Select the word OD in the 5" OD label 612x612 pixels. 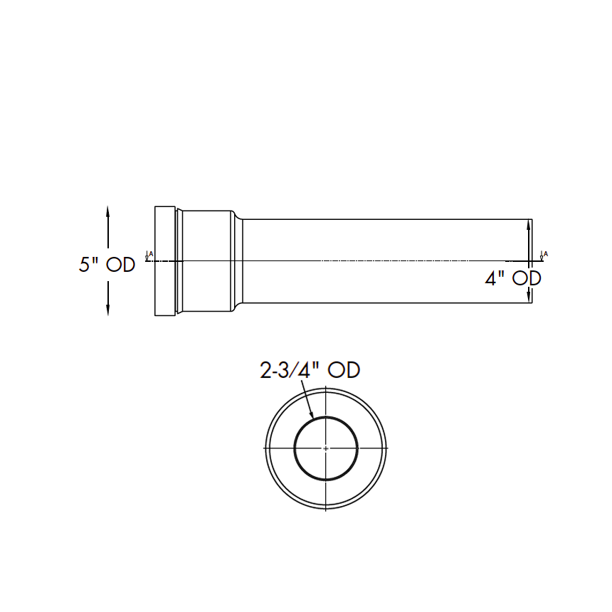pos(120,265)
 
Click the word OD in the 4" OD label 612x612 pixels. pos(527,278)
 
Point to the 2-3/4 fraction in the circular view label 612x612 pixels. pos(286,371)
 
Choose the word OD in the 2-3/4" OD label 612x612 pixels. pos(344,371)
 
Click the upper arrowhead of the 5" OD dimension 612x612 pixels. pos(107,211)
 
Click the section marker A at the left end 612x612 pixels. pos(149,255)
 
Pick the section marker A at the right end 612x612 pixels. pos(544,255)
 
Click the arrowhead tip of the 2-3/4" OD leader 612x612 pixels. pos(312,415)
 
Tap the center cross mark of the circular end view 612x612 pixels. pos(326,448)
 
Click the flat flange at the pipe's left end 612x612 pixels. pos(165,261)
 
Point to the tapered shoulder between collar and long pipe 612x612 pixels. pos(238,261)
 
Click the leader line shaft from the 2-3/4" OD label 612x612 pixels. pos(307,397)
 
